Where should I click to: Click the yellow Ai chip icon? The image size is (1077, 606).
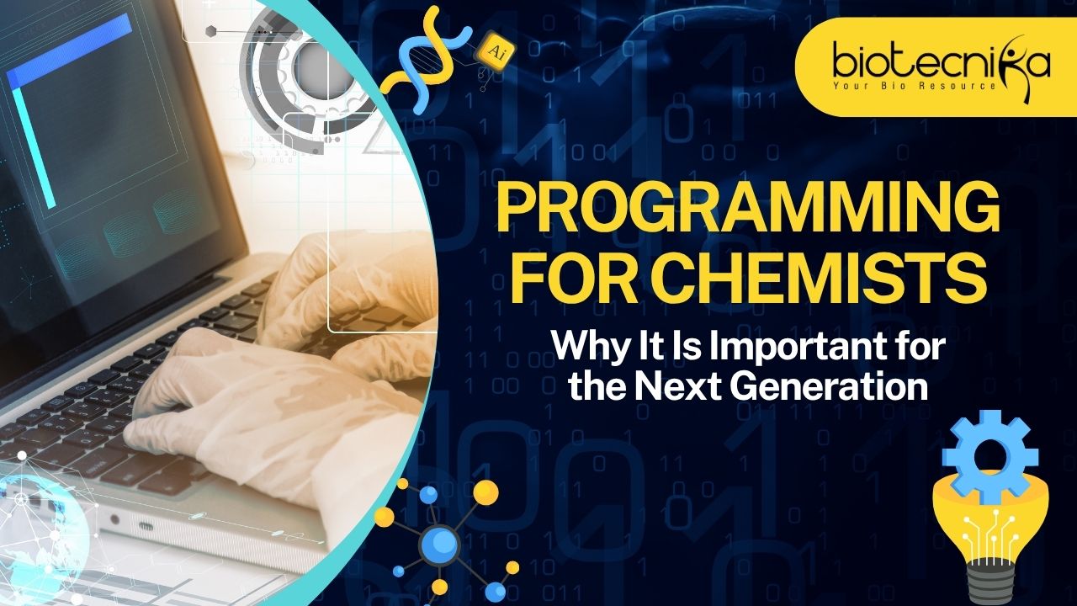tap(496, 51)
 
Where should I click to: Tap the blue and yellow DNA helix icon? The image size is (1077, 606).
tap(424, 59)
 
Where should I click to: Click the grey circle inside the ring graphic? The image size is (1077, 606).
tap(317, 68)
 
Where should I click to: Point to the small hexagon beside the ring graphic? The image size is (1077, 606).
tap(210, 32)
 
